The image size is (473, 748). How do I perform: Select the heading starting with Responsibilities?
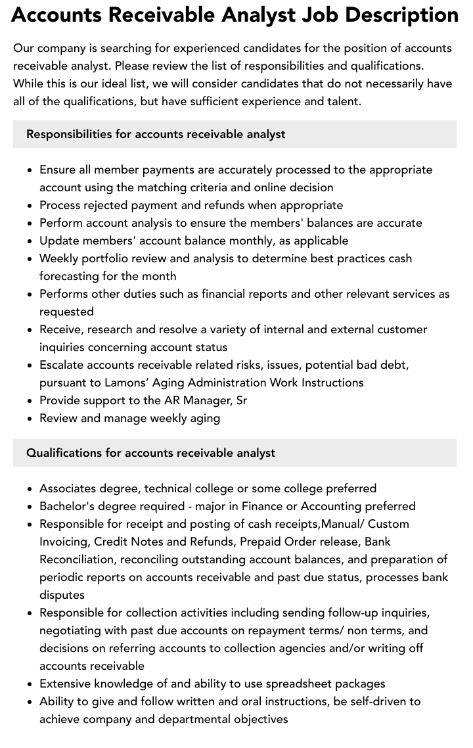coord(156,134)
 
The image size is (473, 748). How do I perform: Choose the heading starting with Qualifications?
coord(150,453)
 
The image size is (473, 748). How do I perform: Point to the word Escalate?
coord(64,365)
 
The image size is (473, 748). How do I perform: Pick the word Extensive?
coord(66,684)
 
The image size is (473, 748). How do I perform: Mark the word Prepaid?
coord(263,542)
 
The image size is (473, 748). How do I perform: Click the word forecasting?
coord(74,276)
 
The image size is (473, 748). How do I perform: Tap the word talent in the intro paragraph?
coord(342,101)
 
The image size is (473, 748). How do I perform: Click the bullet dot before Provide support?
coord(30,401)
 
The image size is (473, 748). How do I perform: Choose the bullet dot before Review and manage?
coord(30,419)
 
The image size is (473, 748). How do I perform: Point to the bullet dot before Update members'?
coord(30,241)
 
